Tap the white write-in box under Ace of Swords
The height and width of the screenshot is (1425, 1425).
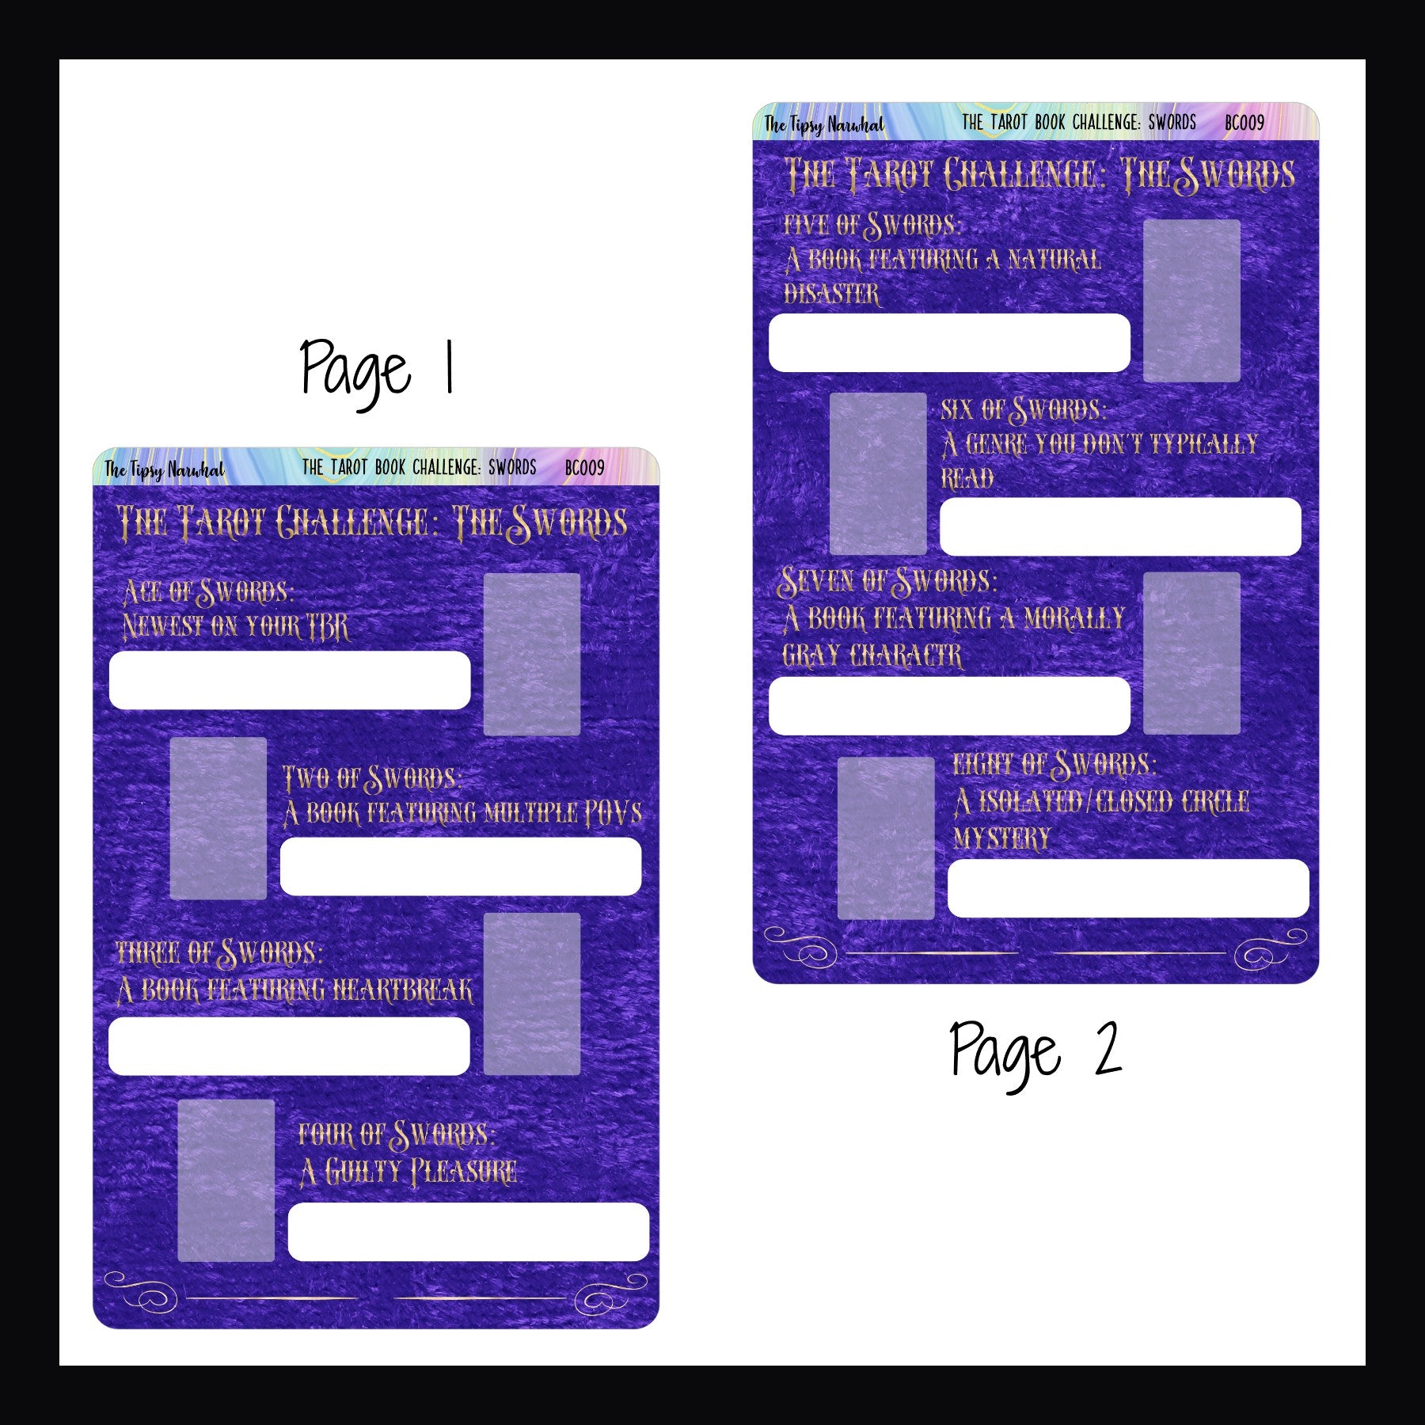(290, 680)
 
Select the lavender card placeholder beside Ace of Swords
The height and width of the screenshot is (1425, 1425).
(532, 654)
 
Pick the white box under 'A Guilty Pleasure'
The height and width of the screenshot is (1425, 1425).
(469, 1231)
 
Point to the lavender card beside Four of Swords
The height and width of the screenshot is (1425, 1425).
(226, 1180)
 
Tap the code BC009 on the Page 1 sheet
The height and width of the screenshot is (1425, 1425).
(584, 468)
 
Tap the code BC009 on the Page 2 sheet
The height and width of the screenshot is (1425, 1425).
(1244, 123)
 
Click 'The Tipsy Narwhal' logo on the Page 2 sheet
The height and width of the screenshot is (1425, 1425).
(823, 125)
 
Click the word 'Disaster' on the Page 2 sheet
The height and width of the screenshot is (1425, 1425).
(831, 294)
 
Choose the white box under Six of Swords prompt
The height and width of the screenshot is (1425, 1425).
(1120, 526)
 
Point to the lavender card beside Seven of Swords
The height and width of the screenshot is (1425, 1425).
(1191, 653)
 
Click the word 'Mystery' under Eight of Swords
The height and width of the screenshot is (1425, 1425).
(1001, 838)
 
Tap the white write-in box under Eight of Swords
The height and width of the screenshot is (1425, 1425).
(1128, 888)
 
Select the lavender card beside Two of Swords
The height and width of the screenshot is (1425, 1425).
(218, 818)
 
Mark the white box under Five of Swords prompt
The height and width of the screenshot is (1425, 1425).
(949, 343)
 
